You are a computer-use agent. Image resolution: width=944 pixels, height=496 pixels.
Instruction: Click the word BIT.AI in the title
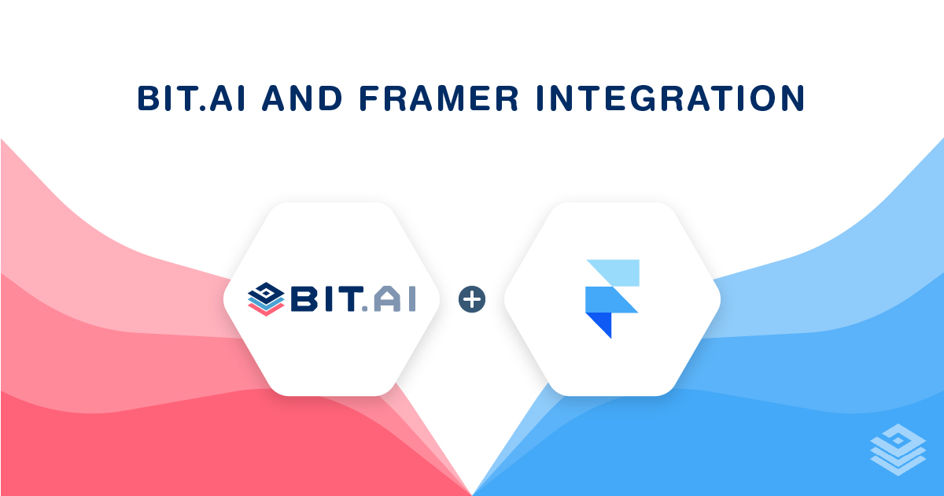(x=191, y=98)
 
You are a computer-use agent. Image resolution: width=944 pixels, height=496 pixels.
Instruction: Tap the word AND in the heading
(x=302, y=98)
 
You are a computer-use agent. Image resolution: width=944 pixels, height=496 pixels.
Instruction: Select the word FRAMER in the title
(x=439, y=98)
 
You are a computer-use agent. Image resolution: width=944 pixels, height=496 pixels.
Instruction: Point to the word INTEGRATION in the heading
(x=671, y=98)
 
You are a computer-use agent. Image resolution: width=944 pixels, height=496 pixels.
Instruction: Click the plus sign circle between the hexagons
(x=472, y=299)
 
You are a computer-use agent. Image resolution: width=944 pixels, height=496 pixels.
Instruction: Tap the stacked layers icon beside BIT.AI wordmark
(x=266, y=299)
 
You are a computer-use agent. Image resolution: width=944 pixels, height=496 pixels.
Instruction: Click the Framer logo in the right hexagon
(x=612, y=298)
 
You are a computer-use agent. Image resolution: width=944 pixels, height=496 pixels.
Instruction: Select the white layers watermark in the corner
(x=898, y=450)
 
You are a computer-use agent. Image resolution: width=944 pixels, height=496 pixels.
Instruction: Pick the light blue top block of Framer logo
(x=620, y=272)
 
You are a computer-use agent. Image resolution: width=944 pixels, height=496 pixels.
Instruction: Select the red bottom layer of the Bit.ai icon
(x=266, y=309)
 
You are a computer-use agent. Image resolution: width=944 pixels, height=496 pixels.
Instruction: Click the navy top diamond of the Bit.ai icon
(x=266, y=291)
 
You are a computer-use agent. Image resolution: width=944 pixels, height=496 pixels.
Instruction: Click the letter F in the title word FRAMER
(x=368, y=98)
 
